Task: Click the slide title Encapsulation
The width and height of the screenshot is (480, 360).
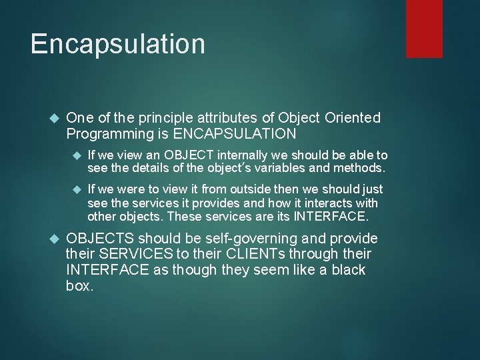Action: click(x=117, y=44)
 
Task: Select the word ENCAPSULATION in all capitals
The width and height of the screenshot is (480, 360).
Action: click(x=235, y=134)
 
